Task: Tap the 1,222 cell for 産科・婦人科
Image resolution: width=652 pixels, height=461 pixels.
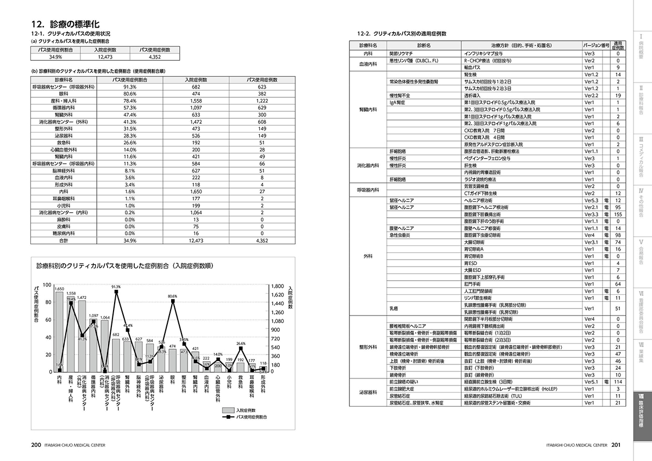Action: coord(262,101)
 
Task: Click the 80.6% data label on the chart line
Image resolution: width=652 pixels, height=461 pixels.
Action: coord(173,296)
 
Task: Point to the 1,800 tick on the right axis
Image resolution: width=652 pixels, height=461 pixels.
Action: coord(278,286)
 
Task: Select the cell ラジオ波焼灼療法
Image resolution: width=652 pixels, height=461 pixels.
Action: coord(480,179)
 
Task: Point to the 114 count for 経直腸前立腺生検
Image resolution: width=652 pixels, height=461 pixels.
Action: coord(617,382)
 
